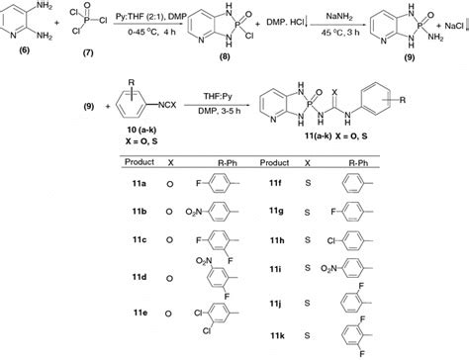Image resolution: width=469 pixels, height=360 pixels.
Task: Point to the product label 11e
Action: (142, 312)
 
